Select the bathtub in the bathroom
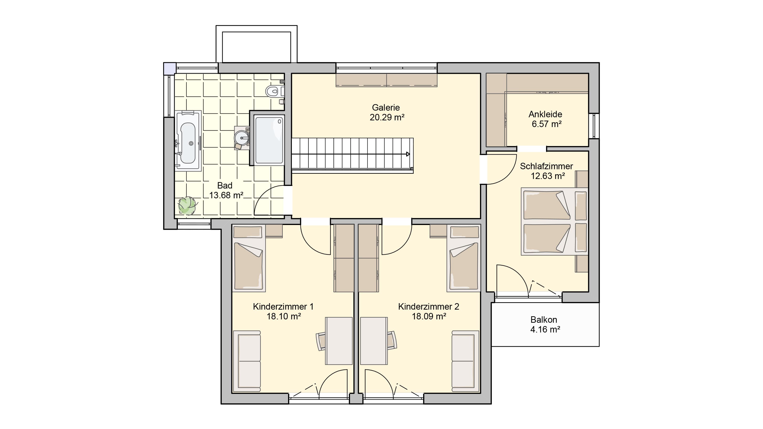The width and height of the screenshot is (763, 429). [188, 141]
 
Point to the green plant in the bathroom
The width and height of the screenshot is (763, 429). [187, 205]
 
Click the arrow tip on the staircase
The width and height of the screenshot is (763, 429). [409, 154]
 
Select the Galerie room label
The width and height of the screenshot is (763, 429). [386, 107]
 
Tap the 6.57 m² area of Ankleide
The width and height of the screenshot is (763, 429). [546, 124]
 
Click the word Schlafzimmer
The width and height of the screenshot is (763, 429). [546, 166]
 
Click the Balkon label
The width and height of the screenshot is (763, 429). [544, 320]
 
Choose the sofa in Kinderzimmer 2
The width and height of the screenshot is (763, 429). [465, 361]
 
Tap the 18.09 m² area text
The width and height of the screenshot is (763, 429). [429, 316]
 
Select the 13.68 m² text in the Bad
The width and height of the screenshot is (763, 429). [226, 195]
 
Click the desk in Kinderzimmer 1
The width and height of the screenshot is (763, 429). [339, 341]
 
